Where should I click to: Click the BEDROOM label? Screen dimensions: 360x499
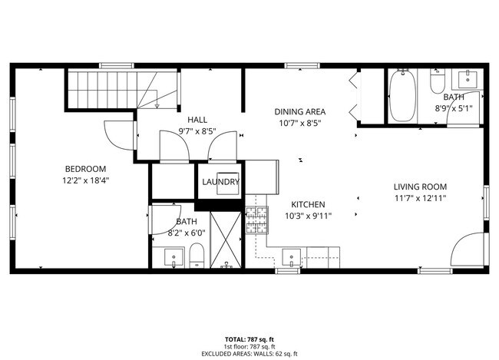(85, 169)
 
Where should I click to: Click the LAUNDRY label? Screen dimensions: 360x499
(220, 182)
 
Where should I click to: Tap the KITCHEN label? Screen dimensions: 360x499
(308, 204)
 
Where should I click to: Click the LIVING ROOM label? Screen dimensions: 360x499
(420, 187)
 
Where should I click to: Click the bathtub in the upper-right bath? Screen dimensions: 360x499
(402, 97)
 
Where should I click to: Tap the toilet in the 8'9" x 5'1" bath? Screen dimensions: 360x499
(438, 81)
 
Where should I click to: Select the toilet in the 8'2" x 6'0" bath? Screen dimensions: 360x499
(196, 256)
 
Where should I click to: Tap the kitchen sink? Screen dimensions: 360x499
(292, 257)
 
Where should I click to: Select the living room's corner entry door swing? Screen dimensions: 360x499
(469, 253)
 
